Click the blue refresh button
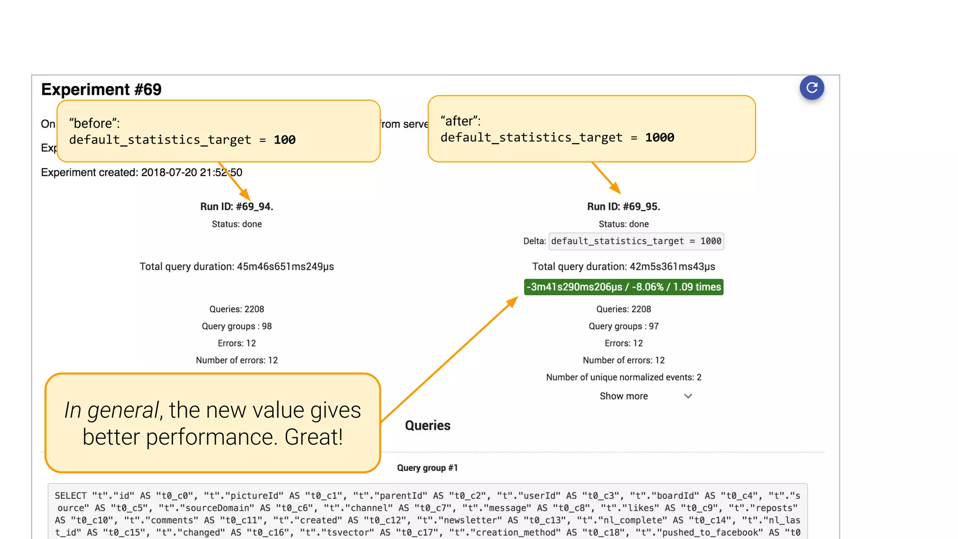coord(812,87)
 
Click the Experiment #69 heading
coord(101,89)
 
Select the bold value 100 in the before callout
coord(284,140)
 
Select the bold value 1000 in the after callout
coord(660,138)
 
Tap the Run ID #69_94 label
coord(237,206)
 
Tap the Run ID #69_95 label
coord(624,206)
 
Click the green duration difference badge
coord(624,287)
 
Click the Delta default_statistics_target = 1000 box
coord(636,241)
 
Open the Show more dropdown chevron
coord(688,396)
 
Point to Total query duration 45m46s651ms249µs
coord(237,267)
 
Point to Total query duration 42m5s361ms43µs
coord(624,267)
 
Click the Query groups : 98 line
coord(237,326)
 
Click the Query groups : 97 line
coord(624,326)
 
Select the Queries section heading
coord(428,425)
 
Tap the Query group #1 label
coord(428,468)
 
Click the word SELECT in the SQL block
coord(71,495)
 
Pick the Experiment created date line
coord(141,172)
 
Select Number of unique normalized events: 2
coord(624,377)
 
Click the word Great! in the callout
coord(314,437)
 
